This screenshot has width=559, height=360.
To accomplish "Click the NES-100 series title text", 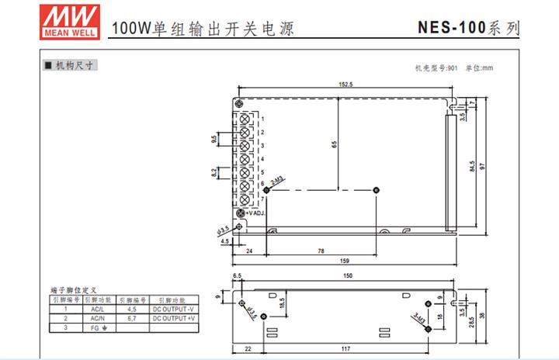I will click(469, 28).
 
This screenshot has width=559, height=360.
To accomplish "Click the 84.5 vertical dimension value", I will click(472, 167).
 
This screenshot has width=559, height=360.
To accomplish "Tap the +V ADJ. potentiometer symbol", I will click(241, 213).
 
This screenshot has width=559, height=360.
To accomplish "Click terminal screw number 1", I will click(244, 119).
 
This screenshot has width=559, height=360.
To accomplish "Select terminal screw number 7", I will click(244, 198).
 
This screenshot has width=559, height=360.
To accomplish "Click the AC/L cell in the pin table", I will click(97, 309).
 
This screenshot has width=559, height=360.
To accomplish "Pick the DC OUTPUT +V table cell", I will click(174, 318).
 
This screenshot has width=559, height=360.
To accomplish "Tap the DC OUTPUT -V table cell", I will click(174, 309).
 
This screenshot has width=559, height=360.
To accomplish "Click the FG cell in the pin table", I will click(97, 328).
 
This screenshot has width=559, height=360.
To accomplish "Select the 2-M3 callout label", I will click(278, 182).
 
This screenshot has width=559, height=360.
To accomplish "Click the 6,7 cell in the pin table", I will click(131, 318).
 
